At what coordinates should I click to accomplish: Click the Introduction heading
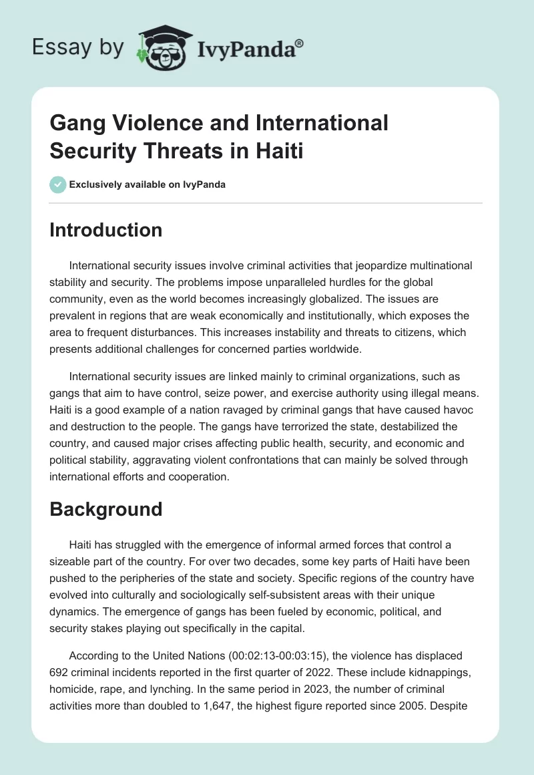tap(106, 230)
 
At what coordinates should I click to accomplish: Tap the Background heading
tap(106, 509)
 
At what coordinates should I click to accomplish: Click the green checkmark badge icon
tap(58, 184)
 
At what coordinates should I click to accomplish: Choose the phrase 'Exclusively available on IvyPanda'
tap(148, 185)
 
